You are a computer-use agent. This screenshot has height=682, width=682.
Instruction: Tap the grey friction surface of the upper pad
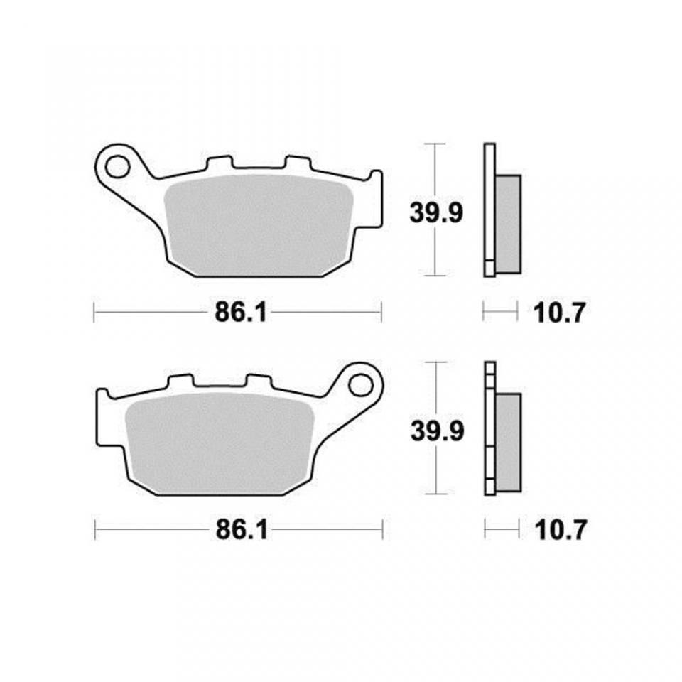coord(259,224)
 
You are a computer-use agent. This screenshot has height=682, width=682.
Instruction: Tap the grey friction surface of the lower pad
coord(219,442)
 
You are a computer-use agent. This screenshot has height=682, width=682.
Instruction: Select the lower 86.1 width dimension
coord(240,530)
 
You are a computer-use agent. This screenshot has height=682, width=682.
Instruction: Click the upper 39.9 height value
coord(436,211)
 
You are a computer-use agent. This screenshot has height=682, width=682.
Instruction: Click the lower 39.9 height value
coord(436,430)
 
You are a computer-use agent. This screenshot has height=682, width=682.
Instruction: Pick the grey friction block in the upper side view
coord(507,222)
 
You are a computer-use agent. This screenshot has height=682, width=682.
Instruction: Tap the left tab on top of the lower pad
coord(178,381)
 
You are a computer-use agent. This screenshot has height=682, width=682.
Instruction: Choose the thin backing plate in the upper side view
coord(488,210)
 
